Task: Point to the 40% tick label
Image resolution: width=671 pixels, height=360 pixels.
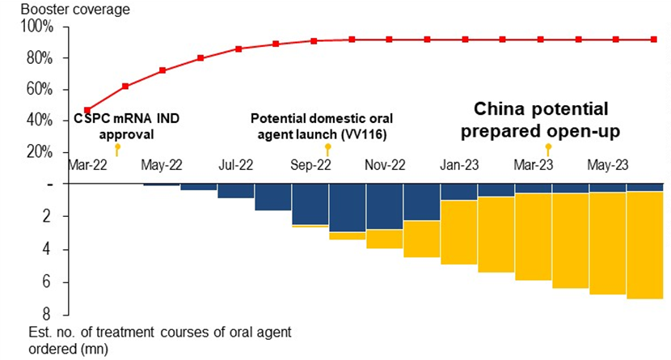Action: pyautogui.click(x=41, y=121)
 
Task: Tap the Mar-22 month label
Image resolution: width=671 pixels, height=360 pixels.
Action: pyautogui.click(x=87, y=164)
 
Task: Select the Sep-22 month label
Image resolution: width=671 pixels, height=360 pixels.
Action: pyautogui.click(x=311, y=164)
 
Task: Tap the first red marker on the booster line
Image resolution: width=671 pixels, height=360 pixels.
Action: pyautogui.click(x=87, y=110)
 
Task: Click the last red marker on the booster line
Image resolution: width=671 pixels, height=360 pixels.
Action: pyautogui.click(x=653, y=39)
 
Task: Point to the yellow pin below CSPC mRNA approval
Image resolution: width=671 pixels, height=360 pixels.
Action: pyautogui.click(x=117, y=149)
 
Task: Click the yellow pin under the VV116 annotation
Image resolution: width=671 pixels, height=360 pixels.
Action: pyautogui.click(x=327, y=149)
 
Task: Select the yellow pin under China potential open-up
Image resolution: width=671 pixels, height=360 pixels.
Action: pyautogui.click(x=549, y=149)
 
